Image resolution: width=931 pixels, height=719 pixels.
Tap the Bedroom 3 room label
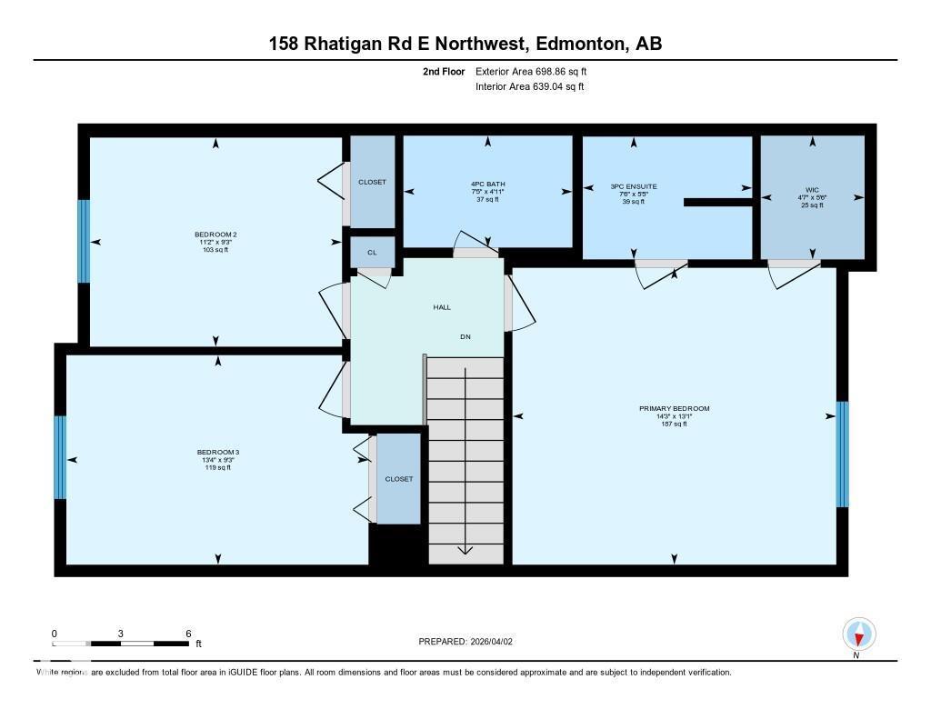pos(217,452)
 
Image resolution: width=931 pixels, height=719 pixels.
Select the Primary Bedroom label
pos(674,409)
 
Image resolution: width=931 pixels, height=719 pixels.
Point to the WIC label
pos(812,191)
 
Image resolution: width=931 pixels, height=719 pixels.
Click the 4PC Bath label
pos(488,185)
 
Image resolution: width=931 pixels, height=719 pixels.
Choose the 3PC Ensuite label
pos(633,187)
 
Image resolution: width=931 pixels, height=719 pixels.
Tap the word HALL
pos(442,307)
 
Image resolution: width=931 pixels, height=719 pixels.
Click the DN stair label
pos(465,337)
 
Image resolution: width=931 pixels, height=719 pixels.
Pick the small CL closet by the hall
pos(372,253)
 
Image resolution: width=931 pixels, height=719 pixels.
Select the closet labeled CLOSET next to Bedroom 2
pos(372,182)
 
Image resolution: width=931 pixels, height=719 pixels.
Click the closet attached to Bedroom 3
pos(398,479)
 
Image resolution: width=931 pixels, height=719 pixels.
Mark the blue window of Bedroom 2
pos(84,241)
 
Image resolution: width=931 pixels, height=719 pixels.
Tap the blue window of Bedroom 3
pos(60,457)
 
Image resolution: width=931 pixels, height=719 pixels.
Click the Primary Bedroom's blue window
pos(842,454)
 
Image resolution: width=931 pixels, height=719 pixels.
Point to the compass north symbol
pos(859,634)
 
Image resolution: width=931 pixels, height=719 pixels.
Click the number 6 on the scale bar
pos(187,634)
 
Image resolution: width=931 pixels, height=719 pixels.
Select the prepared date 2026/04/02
pos(491,642)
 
